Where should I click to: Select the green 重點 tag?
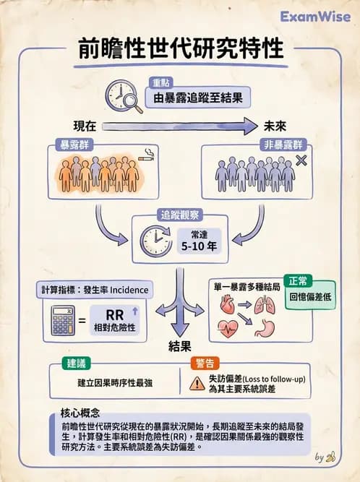(x=163, y=81)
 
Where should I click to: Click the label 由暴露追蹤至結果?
(x=197, y=96)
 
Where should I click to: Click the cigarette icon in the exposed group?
(x=147, y=154)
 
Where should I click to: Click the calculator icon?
(x=64, y=320)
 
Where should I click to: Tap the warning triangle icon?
(x=197, y=383)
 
